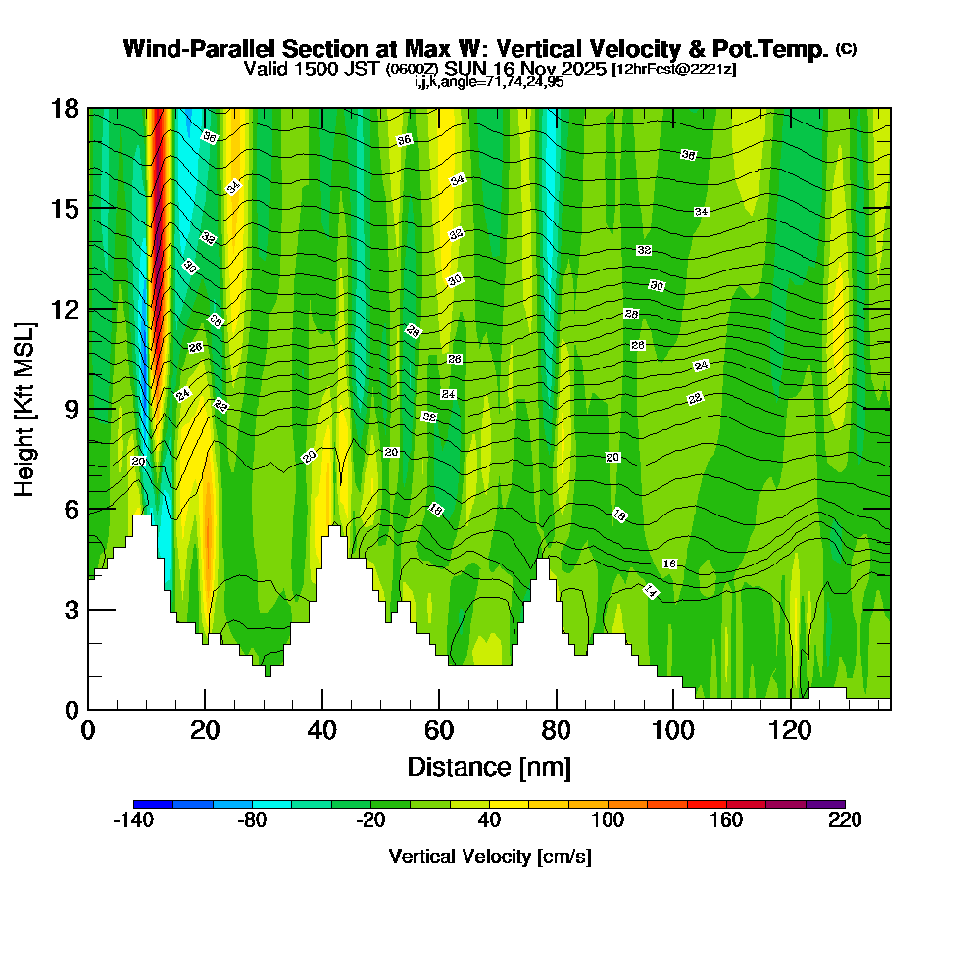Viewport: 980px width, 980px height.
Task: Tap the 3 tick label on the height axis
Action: pyautogui.click(x=72, y=610)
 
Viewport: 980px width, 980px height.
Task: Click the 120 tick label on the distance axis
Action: pyautogui.click(x=790, y=730)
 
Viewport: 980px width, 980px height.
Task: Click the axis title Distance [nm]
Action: pyautogui.click(x=489, y=766)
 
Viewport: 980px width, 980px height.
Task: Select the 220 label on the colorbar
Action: pyautogui.click(x=845, y=821)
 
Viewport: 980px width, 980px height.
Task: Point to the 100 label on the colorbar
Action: pyautogui.click(x=608, y=821)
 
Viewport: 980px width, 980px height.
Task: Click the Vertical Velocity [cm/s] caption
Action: pyautogui.click(x=489, y=857)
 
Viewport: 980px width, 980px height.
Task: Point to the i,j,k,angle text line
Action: pyautogui.click(x=489, y=81)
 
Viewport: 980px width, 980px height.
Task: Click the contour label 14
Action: pyautogui.click(x=650, y=590)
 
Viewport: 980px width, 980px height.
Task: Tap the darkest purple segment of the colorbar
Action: pyautogui.click(x=825, y=804)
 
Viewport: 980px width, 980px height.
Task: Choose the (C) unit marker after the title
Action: pyautogui.click(x=845, y=48)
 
